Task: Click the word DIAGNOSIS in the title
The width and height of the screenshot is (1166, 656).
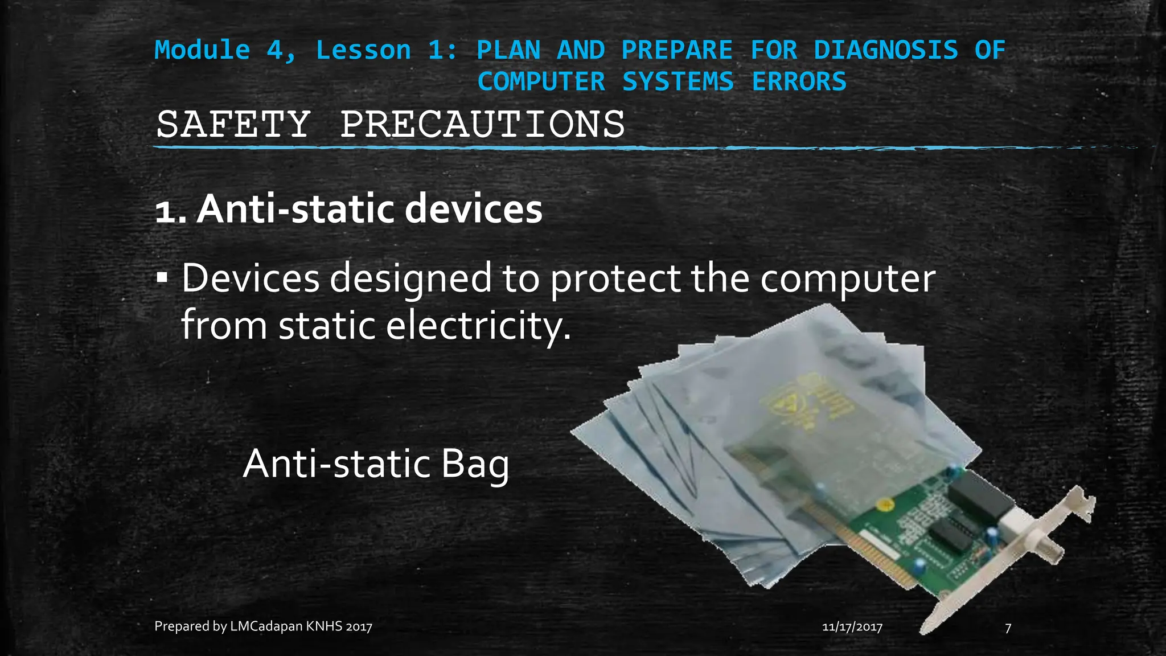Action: [x=885, y=50]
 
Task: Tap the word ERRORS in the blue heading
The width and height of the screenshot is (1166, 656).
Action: [x=799, y=81]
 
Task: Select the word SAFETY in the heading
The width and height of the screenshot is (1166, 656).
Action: [x=233, y=124]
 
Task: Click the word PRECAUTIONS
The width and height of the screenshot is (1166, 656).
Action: [x=482, y=124]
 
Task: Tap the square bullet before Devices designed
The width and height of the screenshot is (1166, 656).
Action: [x=162, y=279]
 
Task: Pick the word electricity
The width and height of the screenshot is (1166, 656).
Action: [x=478, y=326]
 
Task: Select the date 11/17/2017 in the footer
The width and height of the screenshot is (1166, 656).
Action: [x=852, y=628]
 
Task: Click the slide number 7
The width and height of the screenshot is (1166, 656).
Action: [x=1008, y=628]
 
